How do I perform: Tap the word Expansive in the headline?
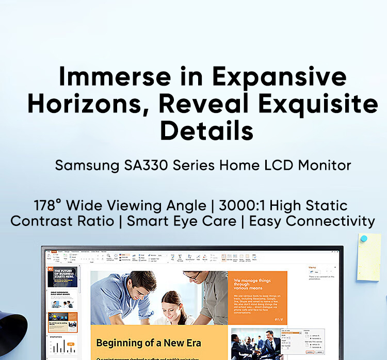point(279,77)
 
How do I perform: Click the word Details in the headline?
point(206,131)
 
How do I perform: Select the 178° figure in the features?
point(48,205)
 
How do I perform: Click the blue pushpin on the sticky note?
point(363,239)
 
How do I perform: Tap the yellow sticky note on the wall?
point(369,258)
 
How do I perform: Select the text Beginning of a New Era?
point(149,342)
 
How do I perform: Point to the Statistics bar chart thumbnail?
point(62,346)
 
